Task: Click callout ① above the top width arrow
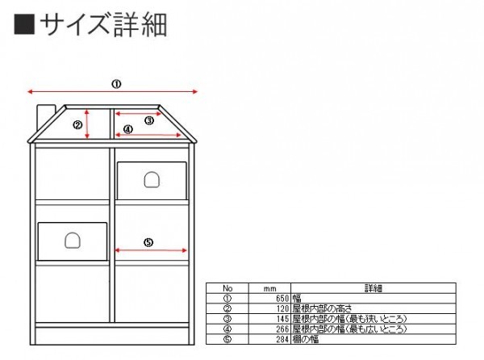(115, 83)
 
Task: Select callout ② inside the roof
(77, 124)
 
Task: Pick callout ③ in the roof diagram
(149, 120)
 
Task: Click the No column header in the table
(227, 288)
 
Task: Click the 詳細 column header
(373, 288)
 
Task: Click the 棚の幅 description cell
(306, 339)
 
